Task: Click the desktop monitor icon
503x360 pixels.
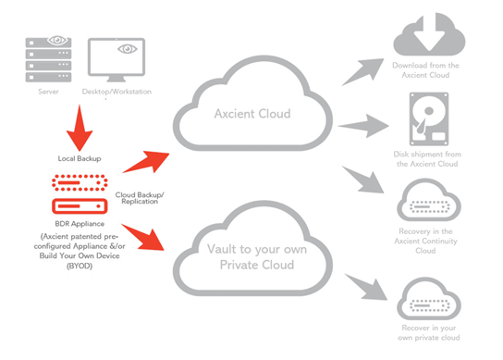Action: tap(117, 62)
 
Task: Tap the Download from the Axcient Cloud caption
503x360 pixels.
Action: tap(427, 71)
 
